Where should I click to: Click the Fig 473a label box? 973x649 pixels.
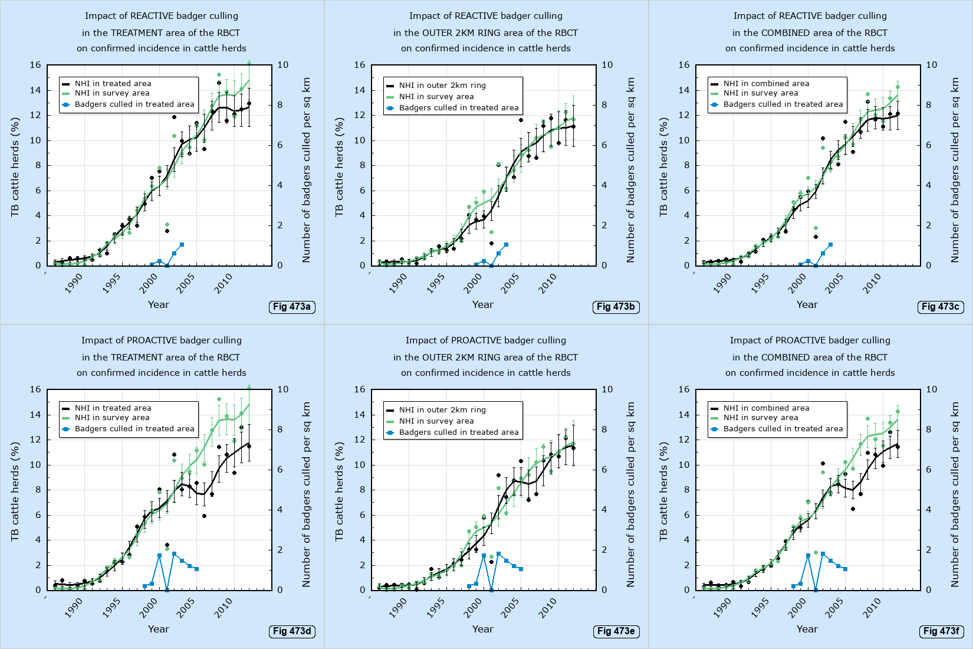point(291,307)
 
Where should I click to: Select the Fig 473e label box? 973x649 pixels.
point(616,631)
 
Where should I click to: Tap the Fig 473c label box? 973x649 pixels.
point(940,307)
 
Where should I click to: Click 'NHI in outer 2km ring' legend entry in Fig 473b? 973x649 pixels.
point(442,86)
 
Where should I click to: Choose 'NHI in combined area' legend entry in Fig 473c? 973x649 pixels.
point(766,84)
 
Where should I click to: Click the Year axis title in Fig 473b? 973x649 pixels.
point(482,304)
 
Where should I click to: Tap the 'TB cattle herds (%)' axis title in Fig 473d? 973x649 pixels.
point(15,491)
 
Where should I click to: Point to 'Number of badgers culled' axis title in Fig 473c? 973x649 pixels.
point(955,170)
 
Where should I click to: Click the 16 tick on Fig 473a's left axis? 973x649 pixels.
point(35,65)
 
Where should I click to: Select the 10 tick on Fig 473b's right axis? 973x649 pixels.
point(607,65)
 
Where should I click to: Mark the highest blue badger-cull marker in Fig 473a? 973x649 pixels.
point(182,244)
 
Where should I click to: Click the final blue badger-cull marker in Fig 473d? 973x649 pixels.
point(196,569)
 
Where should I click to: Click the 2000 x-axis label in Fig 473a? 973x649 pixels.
point(148,284)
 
